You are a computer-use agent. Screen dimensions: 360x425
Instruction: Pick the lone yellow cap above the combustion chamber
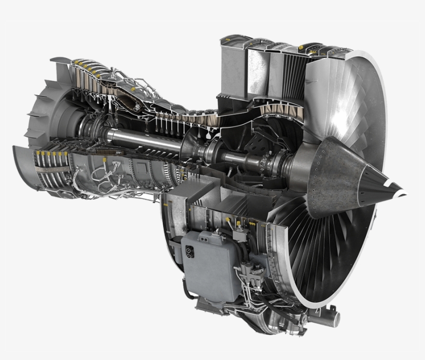[134, 89]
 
